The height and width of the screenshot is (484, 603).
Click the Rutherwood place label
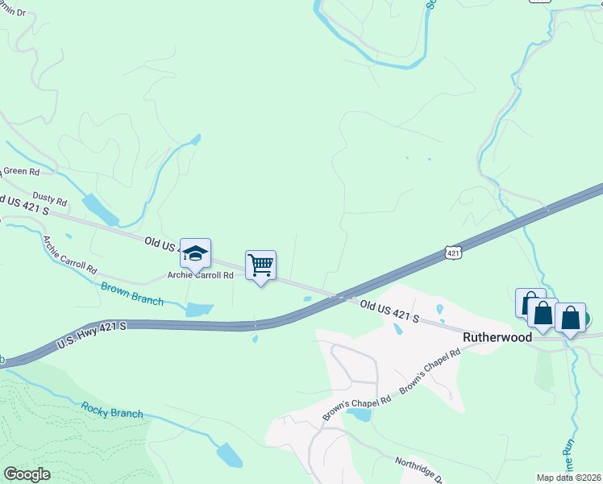(497, 337)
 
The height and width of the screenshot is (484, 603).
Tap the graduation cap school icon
(194, 253)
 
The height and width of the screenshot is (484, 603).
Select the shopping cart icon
(260, 265)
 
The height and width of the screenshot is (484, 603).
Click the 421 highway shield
(455, 253)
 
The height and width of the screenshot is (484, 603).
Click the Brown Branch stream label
(131, 294)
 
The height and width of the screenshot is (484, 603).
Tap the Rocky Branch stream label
(112, 408)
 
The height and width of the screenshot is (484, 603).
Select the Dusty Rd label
(50, 199)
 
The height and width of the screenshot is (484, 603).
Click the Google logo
(27, 474)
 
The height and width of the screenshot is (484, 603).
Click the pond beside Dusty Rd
(100, 210)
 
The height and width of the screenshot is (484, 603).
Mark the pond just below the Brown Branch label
(198, 309)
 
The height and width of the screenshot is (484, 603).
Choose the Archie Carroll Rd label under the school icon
(200, 275)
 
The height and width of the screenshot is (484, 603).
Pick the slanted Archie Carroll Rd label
(70, 253)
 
